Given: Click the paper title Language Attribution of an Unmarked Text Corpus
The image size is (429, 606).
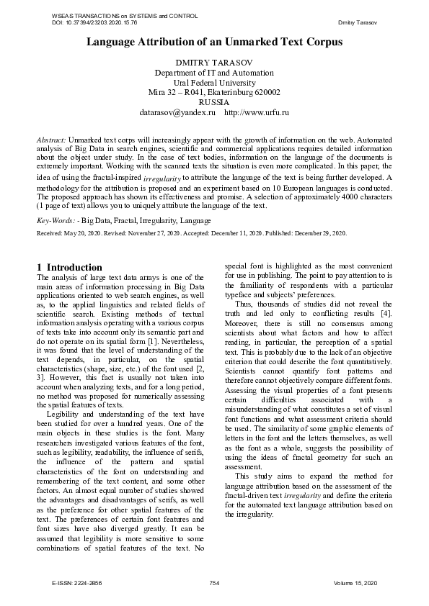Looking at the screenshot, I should [x=214, y=42].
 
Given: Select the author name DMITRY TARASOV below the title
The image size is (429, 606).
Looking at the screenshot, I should [x=214, y=63].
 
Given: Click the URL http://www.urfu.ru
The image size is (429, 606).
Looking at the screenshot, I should [x=257, y=113].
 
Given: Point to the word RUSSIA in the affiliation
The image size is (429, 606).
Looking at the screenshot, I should [x=214, y=103].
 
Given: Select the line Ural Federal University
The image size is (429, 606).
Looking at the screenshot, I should [x=214, y=83].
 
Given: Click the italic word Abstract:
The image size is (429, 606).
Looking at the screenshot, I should [x=52, y=137].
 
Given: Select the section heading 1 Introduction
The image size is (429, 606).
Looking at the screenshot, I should [x=69, y=268].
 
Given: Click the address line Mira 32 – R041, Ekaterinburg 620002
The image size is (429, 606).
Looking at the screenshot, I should [x=214, y=93].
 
